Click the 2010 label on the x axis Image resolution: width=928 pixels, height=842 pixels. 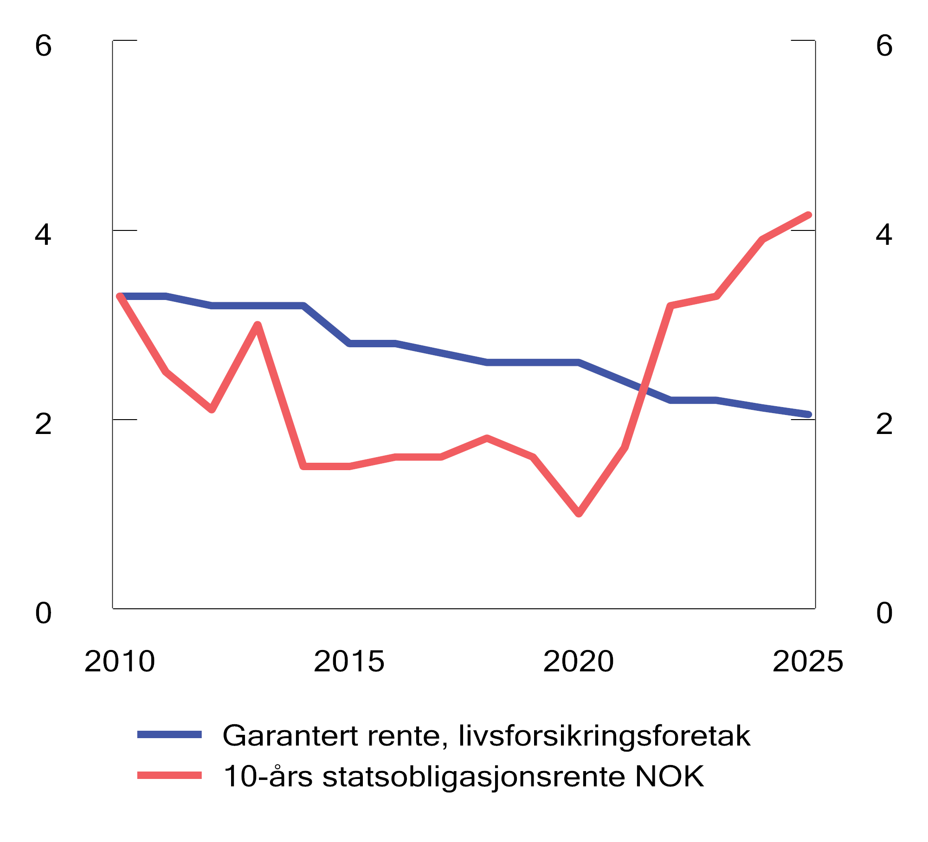(x=119, y=662)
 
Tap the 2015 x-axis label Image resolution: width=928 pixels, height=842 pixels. (x=349, y=662)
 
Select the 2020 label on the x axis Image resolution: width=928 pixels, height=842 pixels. (x=578, y=662)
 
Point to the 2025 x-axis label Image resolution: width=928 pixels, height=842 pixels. (x=807, y=662)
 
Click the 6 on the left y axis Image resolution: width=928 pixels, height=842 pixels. (x=43, y=46)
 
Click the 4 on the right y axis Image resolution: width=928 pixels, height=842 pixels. (x=884, y=235)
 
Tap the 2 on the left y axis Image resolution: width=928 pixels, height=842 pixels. (x=43, y=424)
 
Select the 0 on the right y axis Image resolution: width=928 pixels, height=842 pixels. (x=884, y=613)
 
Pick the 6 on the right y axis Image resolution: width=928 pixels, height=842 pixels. (x=884, y=46)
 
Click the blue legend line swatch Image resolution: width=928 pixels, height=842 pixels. (x=169, y=734)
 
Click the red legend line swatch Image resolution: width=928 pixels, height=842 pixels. (x=169, y=775)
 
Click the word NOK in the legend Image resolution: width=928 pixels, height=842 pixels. (x=669, y=777)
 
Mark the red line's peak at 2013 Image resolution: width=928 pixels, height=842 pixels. (x=258, y=325)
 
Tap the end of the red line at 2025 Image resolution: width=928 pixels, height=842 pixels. (x=808, y=215)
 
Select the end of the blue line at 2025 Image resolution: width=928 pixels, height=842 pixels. (x=808, y=415)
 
